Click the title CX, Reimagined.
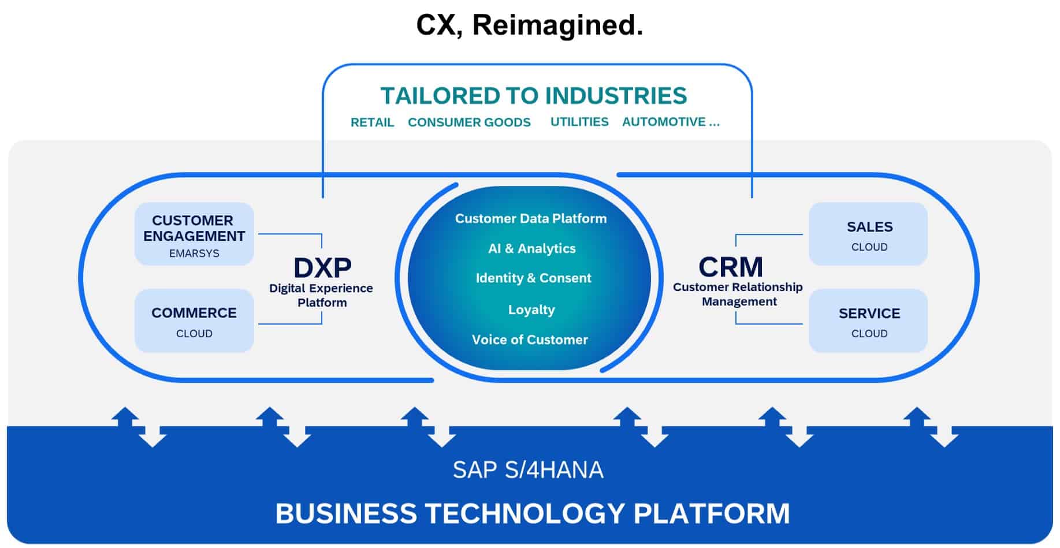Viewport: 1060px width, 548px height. [529, 25]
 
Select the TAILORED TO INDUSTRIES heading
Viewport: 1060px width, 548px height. [533, 96]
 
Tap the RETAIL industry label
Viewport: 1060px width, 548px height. [372, 122]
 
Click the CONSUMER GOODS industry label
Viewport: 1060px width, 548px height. [469, 122]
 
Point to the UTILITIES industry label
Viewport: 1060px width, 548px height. [579, 122]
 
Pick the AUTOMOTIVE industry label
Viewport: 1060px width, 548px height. [670, 122]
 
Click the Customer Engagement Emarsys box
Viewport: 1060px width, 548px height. [194, 234]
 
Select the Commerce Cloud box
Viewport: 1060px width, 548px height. [194, 321]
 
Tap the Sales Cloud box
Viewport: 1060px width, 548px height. [868, 234]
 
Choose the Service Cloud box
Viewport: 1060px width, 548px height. [868, 321]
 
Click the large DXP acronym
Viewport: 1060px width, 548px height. [322, 268]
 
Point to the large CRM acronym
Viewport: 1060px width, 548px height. [731, 267]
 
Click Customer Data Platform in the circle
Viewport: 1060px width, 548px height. [530, 219]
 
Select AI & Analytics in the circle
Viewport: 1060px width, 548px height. [531, 249]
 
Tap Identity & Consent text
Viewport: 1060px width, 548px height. [533, 278]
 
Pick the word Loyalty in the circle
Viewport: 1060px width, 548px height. [531, 310]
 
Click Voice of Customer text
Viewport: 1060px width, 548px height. [530, 340]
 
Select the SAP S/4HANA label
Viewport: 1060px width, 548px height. [528, 470]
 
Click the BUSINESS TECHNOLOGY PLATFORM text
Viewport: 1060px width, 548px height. [532, 513]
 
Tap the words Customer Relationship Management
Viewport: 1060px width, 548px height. [738, 294]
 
